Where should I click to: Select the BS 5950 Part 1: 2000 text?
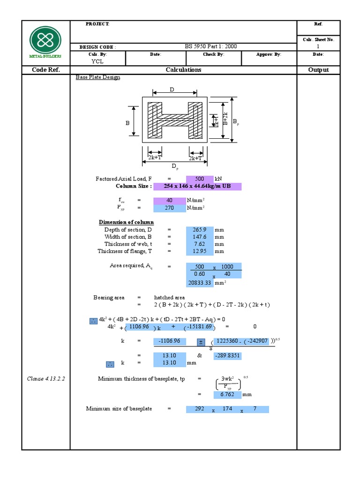(x=211, y=46)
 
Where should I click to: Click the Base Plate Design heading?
(x=97, y=77)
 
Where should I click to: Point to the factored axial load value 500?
(x=200, y=179)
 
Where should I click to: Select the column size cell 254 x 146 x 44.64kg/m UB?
(x=197, y=187)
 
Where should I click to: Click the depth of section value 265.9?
(x=200, y=230)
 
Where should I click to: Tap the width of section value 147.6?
(x=200, y=237)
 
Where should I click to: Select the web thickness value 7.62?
(x=200, y=244)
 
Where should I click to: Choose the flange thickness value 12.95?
(x=200, y=251)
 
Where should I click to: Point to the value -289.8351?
(x=227, y=356)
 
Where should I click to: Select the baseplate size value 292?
(x=200, y=409)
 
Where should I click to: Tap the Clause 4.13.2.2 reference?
(x=45, y=379)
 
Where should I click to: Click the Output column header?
(x=318, y=70)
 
